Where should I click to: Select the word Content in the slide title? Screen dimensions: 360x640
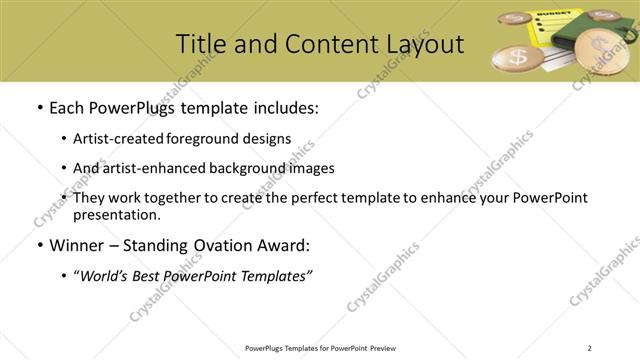[x=322, y=43]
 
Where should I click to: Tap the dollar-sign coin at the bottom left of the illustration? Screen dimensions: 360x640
[x=518, y=57]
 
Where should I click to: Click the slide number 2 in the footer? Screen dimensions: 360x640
[x=589, y=348]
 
